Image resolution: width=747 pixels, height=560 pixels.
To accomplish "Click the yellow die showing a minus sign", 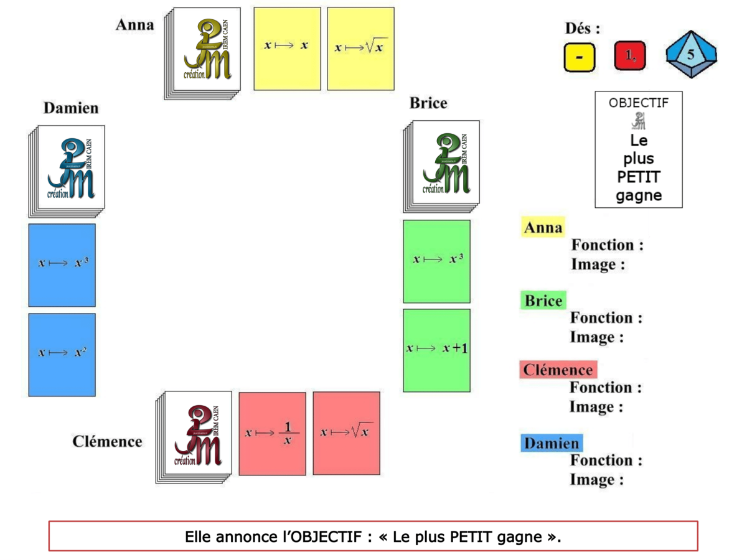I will coord(580,57).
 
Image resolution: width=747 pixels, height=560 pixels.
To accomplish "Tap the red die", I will coord(630,56).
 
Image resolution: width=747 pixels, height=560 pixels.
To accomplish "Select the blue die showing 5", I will coord(690,55).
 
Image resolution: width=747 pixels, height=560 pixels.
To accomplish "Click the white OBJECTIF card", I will coord(638,149).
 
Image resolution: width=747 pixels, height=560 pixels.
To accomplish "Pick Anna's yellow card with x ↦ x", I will coord(287,49).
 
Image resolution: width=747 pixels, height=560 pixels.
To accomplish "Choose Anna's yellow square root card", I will coord(360,49).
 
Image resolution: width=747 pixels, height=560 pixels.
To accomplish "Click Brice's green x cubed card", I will coord(436,261).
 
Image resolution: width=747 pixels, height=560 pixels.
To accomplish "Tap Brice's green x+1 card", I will coord(436,350).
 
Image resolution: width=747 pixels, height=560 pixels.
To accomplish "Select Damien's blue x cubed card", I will coord(62,265).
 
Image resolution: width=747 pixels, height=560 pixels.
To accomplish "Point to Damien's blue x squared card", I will coord(62,355).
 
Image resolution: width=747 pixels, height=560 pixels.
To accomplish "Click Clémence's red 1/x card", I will coord(272,433).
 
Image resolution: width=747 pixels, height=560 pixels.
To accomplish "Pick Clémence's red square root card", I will coord(346,433).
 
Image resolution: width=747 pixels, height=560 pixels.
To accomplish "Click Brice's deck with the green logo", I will coord(441,165).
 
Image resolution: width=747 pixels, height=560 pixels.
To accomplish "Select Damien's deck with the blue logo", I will coord(67,169).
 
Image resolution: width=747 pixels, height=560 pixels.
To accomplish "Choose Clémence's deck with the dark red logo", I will coord(195,436).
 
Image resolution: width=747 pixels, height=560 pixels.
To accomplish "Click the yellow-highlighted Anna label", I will coord(543,228).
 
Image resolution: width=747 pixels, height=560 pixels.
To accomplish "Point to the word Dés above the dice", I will coord(583,29).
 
